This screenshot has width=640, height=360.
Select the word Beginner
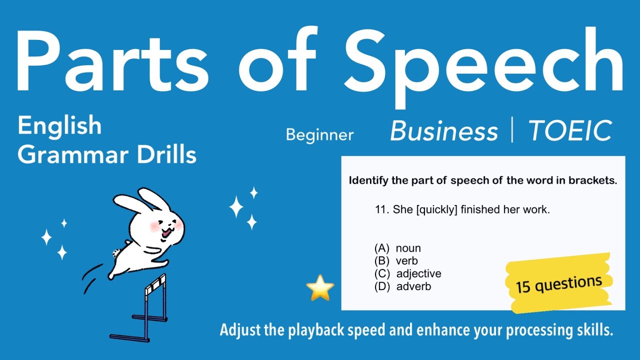pos(319,134)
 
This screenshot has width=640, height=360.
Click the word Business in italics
pos(444,131)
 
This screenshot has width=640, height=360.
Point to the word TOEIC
pos(570,131)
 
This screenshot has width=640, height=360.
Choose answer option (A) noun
pos(397,248)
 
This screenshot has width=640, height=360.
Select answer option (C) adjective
pos(407,273)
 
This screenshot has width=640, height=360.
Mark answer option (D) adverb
pos(402,286)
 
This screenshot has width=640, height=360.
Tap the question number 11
pos(381,210)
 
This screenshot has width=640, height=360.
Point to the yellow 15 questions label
pos(558,284)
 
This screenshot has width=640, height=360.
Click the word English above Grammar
pos(59,125)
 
